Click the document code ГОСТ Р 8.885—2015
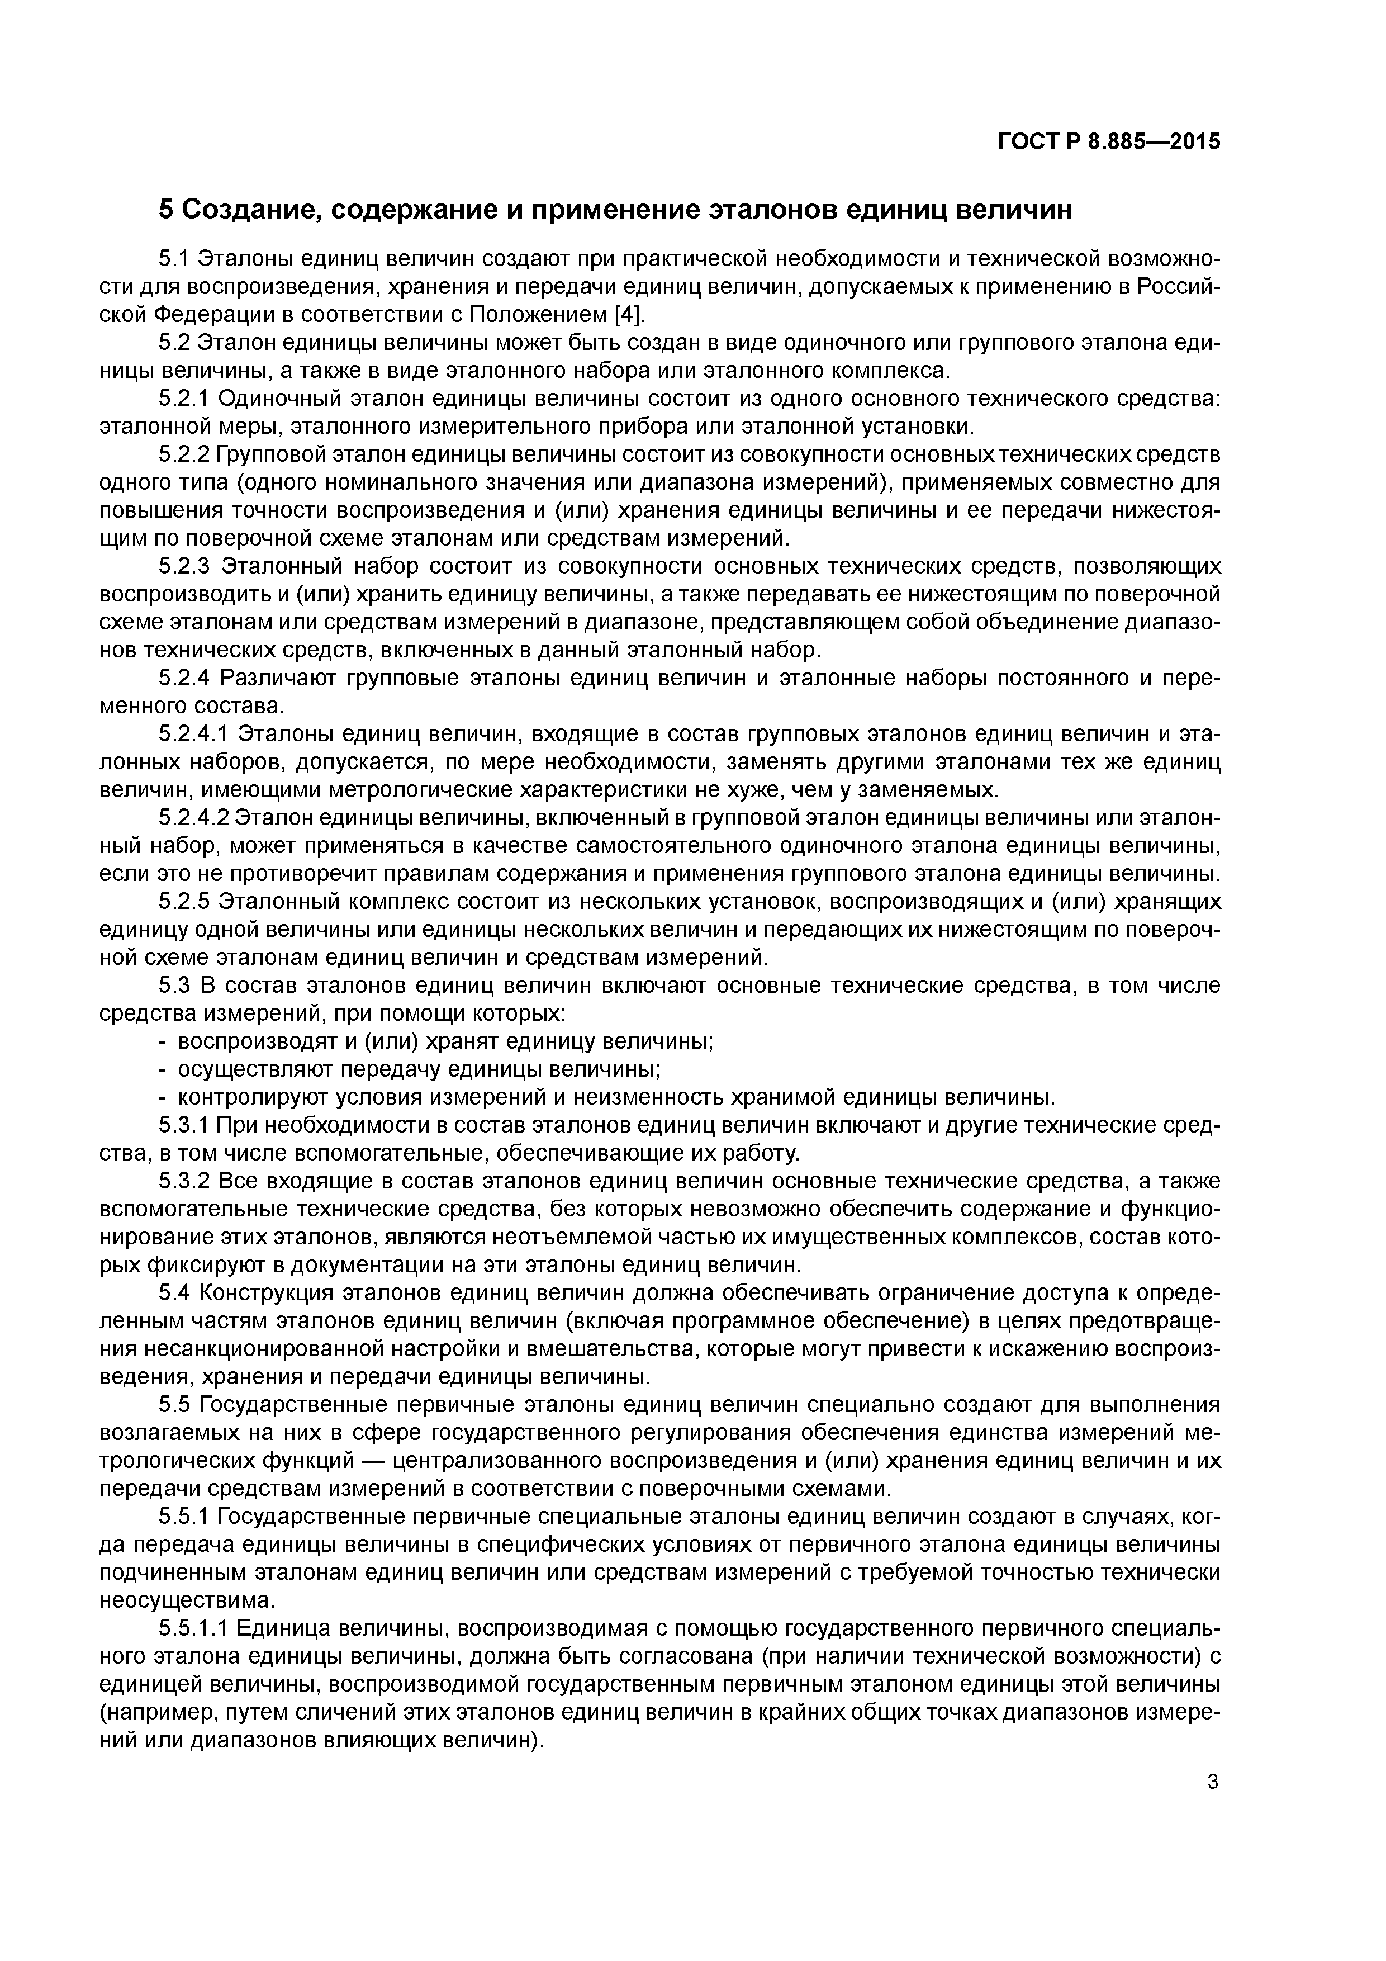(x=1108, y=142)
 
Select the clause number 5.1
(x=174, y=259)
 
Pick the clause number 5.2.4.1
(x=194, y=733)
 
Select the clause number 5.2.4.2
(x=194, y=817)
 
